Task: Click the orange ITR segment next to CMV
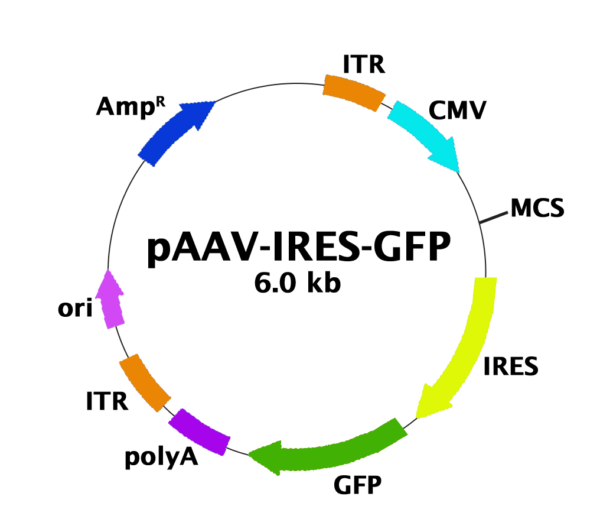(x=354, y=92)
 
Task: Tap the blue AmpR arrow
(x=175, y=131)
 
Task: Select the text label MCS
(x=537, y=207)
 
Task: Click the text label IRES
(x=511, y=367)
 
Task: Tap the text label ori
(x=75, y=308)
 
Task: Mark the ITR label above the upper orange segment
(x=364, y=64)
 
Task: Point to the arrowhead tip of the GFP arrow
(x=252, y=454)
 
